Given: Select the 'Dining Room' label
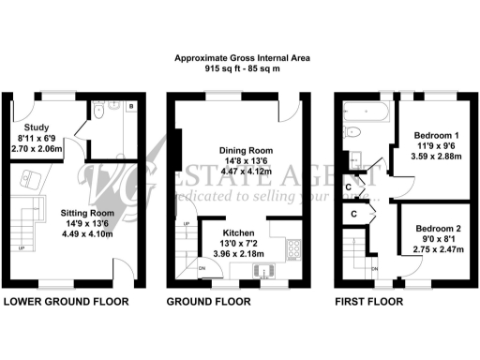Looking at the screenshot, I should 246,150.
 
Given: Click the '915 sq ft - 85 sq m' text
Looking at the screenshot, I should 243,68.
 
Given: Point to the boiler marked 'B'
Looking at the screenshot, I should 130,108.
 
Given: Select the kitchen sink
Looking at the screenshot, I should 265,272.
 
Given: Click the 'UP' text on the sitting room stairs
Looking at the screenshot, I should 21,248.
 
